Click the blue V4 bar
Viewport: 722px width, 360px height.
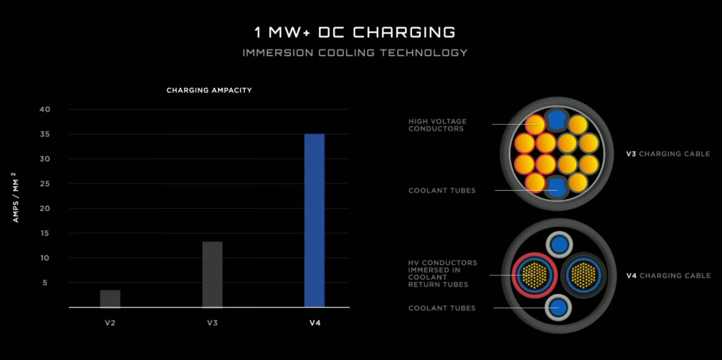click(x=314, y=220)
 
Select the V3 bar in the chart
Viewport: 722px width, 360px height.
click(x=212, y=274)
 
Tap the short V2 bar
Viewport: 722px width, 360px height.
click(x=110, y=299)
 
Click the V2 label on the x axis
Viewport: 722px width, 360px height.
click(x=110, y=323)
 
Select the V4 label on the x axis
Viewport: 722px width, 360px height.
click(x=315, y=323)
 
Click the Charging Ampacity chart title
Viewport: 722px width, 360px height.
click(x=209, y=90)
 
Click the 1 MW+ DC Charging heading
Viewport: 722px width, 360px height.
click(x=354, y=32)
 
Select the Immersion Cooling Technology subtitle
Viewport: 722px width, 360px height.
click(x=354, y=53)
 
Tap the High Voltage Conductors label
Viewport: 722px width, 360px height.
click(x=437, y=125)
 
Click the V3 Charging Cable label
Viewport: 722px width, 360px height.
click(x=668, y=154)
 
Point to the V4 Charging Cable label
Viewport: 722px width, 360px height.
click(x=668, y=276)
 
